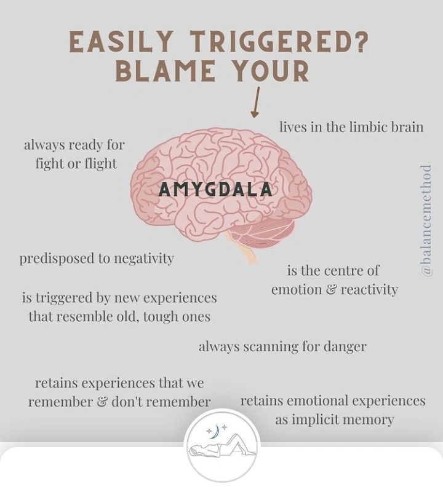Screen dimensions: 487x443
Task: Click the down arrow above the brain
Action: [255, 103]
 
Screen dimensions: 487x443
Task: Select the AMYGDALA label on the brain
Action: [215, 190]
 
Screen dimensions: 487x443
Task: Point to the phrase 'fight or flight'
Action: [76, 164]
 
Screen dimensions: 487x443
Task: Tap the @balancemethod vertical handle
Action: [426, 220]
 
